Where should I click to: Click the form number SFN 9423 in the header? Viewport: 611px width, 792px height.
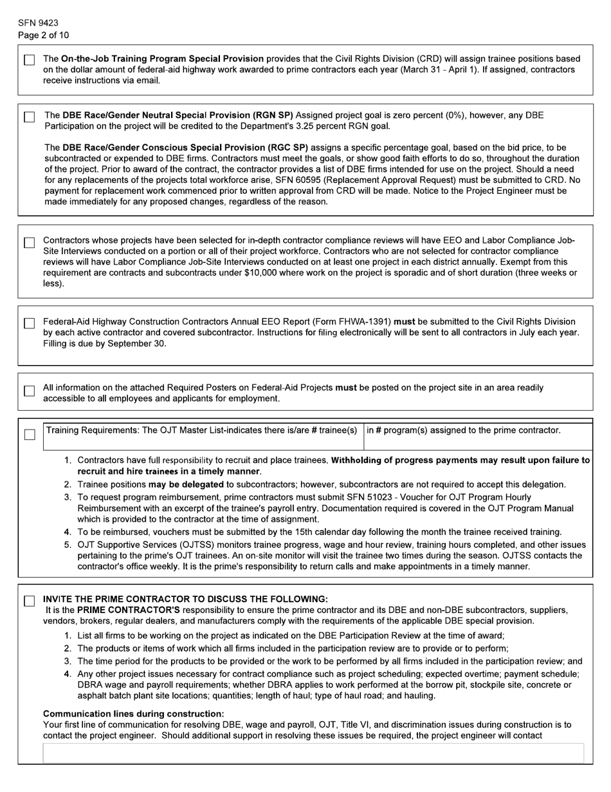pos(38,23)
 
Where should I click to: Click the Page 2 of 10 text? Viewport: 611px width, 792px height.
pos(43,35)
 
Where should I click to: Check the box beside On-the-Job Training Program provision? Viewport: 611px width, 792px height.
pos(30,60)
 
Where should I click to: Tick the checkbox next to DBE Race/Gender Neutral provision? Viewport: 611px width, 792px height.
pos(30,117)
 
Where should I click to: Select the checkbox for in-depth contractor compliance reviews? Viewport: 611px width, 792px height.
pos(30,243)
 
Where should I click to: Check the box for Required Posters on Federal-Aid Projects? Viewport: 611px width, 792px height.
pos(30,391)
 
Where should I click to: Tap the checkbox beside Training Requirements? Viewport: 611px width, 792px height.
pos(30,435)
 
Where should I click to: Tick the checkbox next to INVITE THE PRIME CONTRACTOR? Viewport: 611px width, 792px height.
pos(30,601)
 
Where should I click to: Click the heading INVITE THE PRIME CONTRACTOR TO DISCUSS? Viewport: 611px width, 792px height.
pos(185,599)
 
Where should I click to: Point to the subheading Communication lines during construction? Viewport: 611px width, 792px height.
pos(133,713)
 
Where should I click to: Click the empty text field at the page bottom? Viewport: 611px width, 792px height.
pos(313,753)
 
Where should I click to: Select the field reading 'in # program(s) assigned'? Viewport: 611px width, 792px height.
pos(478,436)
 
